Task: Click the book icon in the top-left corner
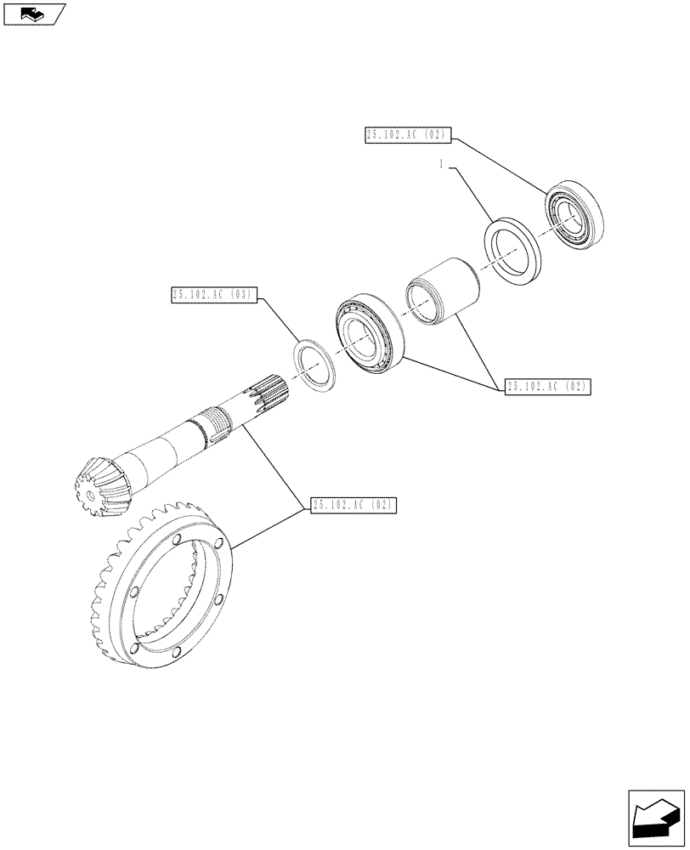tap(33, 13)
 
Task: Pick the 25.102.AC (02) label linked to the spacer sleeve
tap(546, 387)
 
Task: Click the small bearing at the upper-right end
tap(575, 218)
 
